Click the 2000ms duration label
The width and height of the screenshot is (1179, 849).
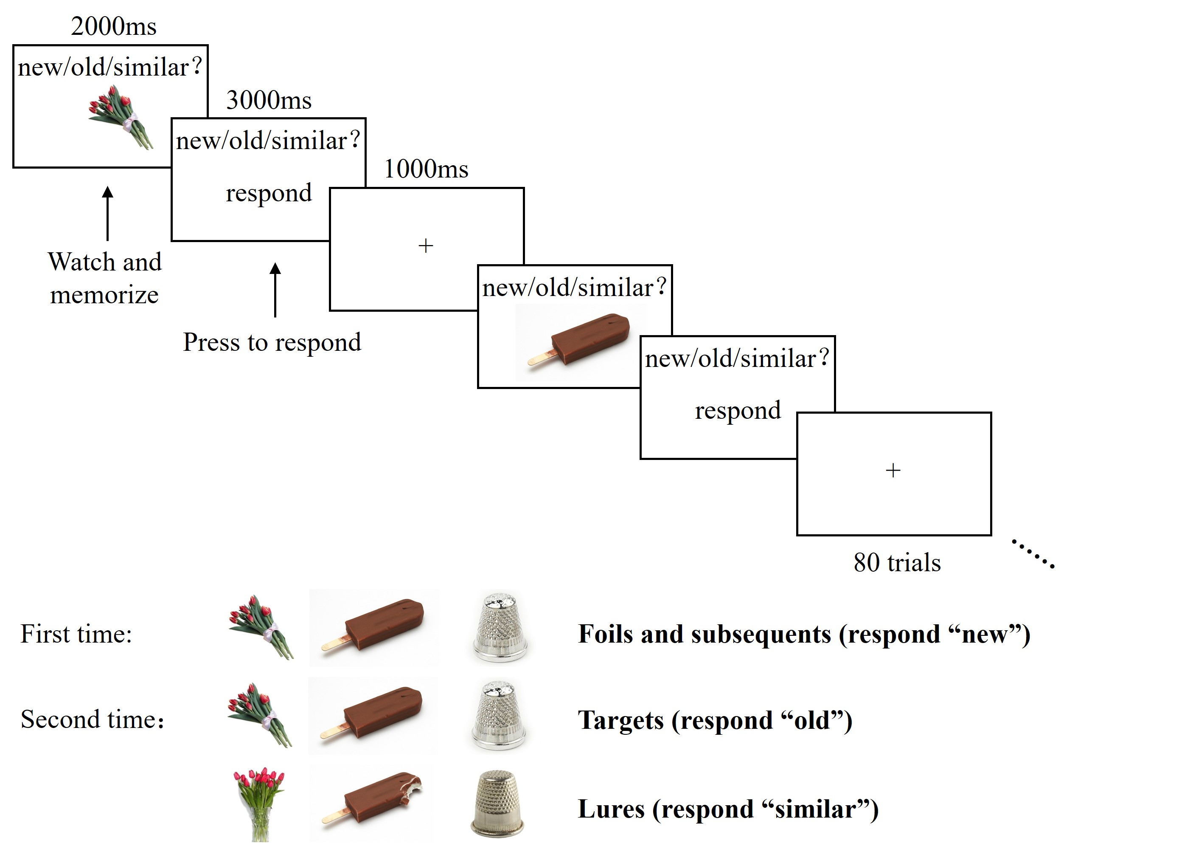pyautogui.click(x=113, y=26)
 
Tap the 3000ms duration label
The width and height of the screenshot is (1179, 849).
pyautogui.click(x=269, y=100)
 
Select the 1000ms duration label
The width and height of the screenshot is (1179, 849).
pyautogui.click(x=426, y=169)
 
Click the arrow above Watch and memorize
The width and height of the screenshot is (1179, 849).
pyautogui.click(x=108, y=213)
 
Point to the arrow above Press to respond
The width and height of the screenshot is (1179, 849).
pyautogui.click(x=275, y=290)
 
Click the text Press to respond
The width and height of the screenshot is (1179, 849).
pyautogui.click(x=272, y=342)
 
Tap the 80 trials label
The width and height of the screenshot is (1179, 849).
pyautogui.click(x=897, y=563)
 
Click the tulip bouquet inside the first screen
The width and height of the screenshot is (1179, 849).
pyautogui.click(x=121, y=118)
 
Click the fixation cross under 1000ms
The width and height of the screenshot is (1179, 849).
pyautogui.click(x=426, y=245)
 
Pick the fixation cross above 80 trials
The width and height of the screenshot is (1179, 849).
pyautogui.click(x=893, y=470)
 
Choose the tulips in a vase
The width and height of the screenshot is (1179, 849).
pyautogui.click(x=259, y=803)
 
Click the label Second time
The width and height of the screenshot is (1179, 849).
pyautogui.click(x=93, y=719)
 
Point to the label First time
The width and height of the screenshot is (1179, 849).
pyautogui.click(x=76, y=634)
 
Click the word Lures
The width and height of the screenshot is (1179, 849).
pyautogui.click(x=611, y=809)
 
